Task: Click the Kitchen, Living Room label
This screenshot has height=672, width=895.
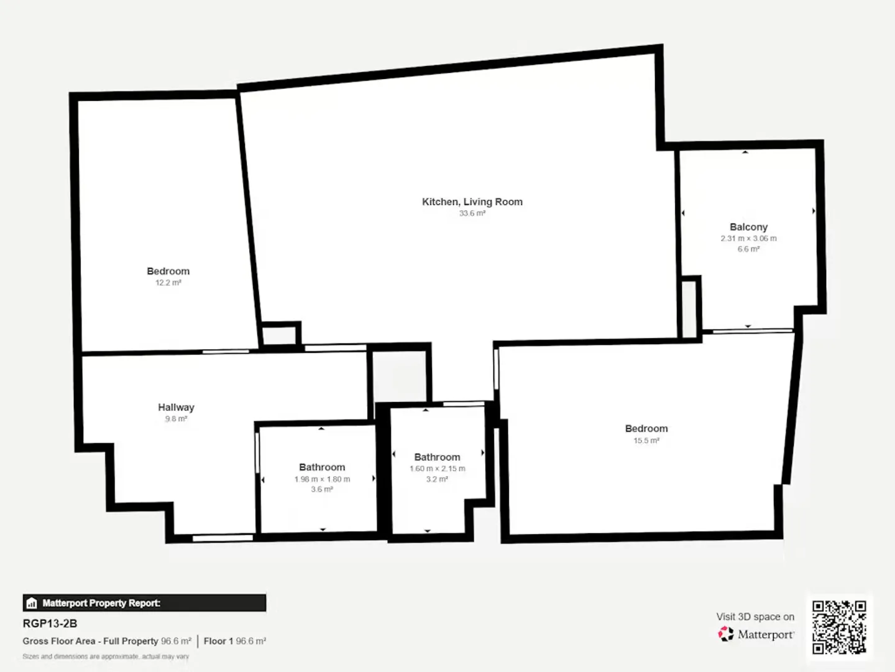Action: [x=472, y=202]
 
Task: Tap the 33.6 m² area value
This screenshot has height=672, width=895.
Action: [x=472, y=213]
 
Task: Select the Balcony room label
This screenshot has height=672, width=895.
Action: [x=748, y=227]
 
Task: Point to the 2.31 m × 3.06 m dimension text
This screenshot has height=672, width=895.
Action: [x=748, y=238]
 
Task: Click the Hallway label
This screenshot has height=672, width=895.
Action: [x=176, y=408]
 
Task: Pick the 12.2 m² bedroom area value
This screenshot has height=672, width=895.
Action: [x=168, y=282]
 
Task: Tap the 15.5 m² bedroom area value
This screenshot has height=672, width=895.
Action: [x=646, y=441]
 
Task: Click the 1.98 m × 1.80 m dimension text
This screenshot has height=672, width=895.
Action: [x=322, y=479]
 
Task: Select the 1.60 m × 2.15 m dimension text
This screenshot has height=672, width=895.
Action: [x=437, y=469]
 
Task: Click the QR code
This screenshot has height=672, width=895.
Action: [x=839, y=627]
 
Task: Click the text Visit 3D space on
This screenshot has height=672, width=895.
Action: [x=755, y=617]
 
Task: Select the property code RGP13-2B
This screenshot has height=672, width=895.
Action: [x=50, y=623]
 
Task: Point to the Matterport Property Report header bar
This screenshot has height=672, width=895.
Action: [x=144, y=603]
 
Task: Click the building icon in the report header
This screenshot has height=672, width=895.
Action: [x=32, y=603]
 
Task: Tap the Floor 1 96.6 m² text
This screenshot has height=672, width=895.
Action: [x=234, y=641]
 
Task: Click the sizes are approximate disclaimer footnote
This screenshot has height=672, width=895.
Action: [x=106, y=656]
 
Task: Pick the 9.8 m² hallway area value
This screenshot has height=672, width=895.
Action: [x=176, y=419]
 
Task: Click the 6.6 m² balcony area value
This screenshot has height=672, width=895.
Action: [x=748, y=249]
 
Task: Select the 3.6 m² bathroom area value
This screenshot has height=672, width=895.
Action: [x=322, y=490]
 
